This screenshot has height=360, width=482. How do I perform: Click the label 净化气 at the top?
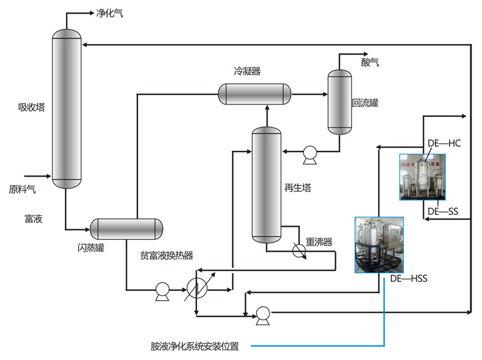109,13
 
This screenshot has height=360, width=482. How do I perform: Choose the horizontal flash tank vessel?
127,229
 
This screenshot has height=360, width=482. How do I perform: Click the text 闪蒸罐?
91,248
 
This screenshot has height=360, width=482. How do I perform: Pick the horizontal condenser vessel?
254,93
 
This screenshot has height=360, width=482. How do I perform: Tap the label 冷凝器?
247,71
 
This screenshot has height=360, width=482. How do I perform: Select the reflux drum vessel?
340,101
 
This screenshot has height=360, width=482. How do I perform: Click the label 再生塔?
298,188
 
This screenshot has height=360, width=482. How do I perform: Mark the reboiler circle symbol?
298,251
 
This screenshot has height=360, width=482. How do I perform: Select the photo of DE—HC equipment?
422,177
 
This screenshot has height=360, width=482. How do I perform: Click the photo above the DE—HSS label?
379,244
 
